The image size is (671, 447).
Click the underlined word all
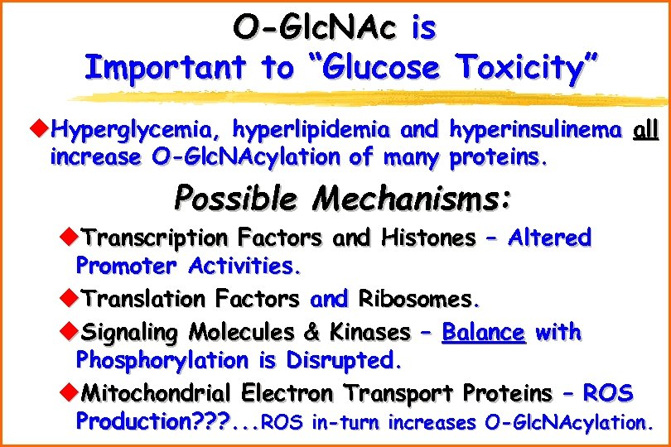pyautogui.click(x=646, y=130)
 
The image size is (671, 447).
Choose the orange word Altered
pyautogui.click(x=549, y=238)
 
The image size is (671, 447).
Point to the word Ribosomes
pyautogui.click(x=418, y=298)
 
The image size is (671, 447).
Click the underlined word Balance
pyautogui.click(x=483, y=333)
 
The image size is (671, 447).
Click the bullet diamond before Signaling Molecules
pyautogui.click(x=68, y=333)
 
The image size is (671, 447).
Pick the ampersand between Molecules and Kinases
pyautogui.click(x=311, y=333)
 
